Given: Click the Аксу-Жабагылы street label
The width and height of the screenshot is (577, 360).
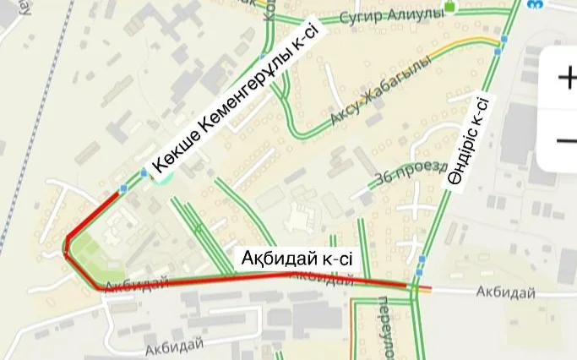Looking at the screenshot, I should [x=381, y=90].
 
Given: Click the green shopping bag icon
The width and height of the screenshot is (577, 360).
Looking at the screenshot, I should [x=449, y=8].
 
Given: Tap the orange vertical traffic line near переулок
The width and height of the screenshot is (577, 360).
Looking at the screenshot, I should [x=352, y=330].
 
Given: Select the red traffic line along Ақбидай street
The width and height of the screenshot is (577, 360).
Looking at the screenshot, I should [x=253, y=277].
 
